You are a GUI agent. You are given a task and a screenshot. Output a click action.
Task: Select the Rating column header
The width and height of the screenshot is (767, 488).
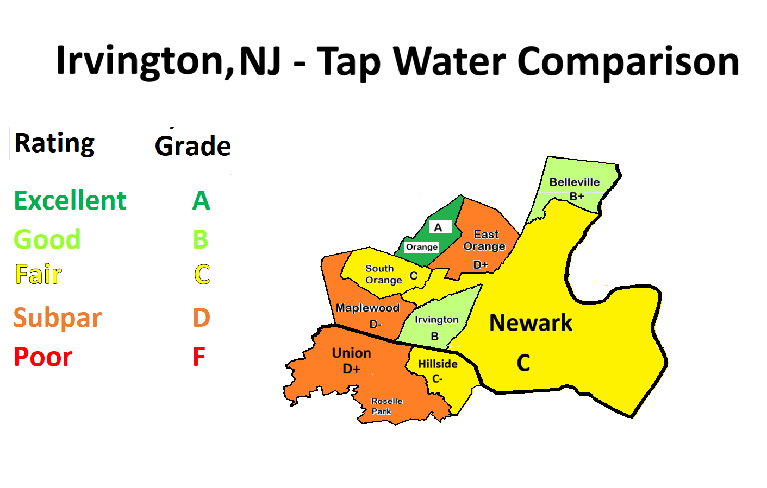54,143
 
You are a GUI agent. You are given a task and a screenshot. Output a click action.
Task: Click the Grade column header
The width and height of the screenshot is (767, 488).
193,145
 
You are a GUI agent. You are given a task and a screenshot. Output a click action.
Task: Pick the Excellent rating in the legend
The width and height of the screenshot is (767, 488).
70,200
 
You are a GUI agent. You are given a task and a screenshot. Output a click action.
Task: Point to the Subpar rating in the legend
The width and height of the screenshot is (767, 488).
58,318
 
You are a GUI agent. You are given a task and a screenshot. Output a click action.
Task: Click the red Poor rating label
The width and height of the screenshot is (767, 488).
43,357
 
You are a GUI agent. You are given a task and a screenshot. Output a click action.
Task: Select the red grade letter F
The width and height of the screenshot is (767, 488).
199,357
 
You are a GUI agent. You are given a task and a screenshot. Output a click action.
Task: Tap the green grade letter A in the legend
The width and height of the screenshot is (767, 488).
201,200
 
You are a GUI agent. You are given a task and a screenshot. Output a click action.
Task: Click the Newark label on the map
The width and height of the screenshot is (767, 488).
531,323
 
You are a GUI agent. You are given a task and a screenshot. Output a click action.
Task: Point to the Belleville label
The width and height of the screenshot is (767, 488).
574,182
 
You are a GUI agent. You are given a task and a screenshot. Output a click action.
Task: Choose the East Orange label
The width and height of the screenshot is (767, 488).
485,240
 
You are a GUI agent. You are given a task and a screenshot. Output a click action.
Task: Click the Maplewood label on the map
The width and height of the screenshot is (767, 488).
367,308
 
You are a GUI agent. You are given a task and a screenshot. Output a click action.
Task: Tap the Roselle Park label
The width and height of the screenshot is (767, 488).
386,406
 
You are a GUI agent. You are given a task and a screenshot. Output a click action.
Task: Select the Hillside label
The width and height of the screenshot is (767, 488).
438,364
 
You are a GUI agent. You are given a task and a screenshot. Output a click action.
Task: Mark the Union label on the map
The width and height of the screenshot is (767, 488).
351,353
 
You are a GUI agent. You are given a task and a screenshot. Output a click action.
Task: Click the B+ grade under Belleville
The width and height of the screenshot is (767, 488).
576,196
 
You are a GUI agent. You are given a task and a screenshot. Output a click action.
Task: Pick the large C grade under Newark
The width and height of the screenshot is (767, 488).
523,363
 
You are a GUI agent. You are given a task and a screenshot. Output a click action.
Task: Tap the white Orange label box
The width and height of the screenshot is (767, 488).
422,247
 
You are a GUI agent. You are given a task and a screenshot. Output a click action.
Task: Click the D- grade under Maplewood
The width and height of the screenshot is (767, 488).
375,324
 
